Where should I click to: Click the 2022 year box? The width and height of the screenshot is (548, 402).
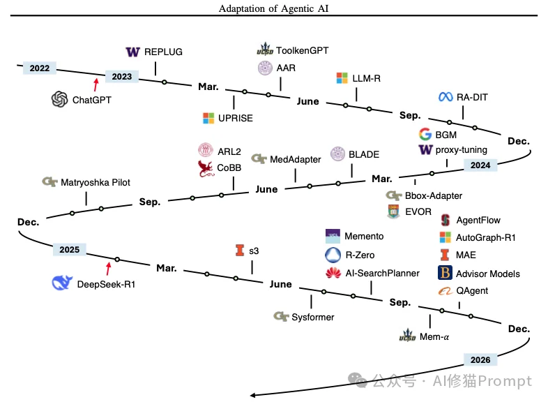click(40, 68)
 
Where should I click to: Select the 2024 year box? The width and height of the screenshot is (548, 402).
click(480, 165)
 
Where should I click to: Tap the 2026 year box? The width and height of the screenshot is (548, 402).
click(480, 360)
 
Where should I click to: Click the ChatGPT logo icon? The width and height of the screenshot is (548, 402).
click(59, 100)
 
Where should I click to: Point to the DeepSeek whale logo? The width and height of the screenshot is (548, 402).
click(62, 283)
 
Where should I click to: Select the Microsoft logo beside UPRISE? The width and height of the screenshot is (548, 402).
click(208, 118)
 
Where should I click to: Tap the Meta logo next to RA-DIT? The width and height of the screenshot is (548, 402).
click(446, 97)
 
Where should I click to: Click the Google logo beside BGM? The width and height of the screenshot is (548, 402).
click(425, 135)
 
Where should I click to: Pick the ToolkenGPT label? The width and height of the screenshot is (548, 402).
click(302, 50)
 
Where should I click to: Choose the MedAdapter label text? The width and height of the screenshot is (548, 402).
click(295, 159)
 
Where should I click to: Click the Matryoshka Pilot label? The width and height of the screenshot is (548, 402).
click(96, 183)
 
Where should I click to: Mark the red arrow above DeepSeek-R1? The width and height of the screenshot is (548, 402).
click(107, 268)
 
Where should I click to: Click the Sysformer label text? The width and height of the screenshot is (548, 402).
click(313, 317)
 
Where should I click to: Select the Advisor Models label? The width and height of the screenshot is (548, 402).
click(488, 273)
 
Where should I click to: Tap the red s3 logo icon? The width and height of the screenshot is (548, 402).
click(241, 251)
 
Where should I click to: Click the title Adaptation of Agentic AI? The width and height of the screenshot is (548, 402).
click(273, 8)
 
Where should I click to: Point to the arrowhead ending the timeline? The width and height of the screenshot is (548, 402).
click(254, 396)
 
